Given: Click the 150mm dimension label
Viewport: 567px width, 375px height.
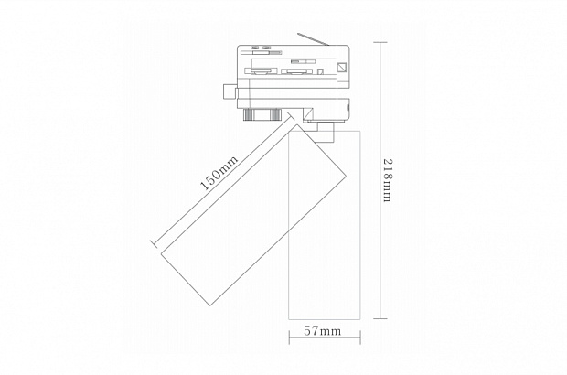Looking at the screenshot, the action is click(219, 173).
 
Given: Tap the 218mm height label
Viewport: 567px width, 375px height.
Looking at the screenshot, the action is click(388, 180).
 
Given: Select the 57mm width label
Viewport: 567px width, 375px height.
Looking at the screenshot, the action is click(322, 331).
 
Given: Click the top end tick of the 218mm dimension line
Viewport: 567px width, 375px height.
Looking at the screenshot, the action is click(380, 42).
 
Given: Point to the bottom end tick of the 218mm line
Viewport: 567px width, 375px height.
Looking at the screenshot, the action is click(380, 318).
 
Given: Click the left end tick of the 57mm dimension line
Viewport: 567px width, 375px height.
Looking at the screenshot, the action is click(289, 337).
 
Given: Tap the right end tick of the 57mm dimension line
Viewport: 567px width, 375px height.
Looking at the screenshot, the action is click(360, 337).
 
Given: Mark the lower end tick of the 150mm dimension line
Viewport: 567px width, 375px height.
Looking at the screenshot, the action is click(155, 243).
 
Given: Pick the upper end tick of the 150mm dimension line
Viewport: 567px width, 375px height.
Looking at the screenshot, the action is click(291, 115).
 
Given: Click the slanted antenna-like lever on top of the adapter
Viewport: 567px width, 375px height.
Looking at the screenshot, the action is click(313, 39).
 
